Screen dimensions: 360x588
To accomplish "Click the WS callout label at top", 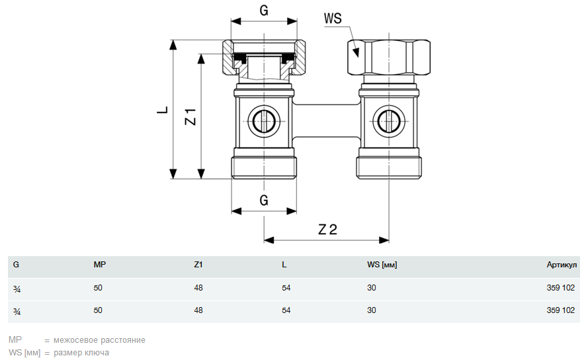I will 333,18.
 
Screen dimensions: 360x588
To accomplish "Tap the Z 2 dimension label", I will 327,230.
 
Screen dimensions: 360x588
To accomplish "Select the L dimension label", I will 162,110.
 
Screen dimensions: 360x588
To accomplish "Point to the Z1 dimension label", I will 190,116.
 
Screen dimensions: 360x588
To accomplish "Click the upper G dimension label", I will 263,11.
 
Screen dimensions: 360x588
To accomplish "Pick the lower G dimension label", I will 263,201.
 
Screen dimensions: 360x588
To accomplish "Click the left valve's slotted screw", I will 263,122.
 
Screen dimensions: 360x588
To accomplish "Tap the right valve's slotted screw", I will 388,122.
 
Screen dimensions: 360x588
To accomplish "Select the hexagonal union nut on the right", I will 388,58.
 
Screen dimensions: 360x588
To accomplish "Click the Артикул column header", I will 562,265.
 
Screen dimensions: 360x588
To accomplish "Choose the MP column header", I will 100,265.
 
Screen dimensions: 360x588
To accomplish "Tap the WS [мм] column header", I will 382,265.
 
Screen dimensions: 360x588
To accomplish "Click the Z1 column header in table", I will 198,265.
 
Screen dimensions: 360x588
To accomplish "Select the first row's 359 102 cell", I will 561,288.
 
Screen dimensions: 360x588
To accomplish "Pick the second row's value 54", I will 286,310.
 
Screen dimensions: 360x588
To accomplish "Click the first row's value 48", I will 198,288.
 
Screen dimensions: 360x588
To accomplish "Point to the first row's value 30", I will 372,288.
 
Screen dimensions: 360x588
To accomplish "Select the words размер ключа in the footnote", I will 81,353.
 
